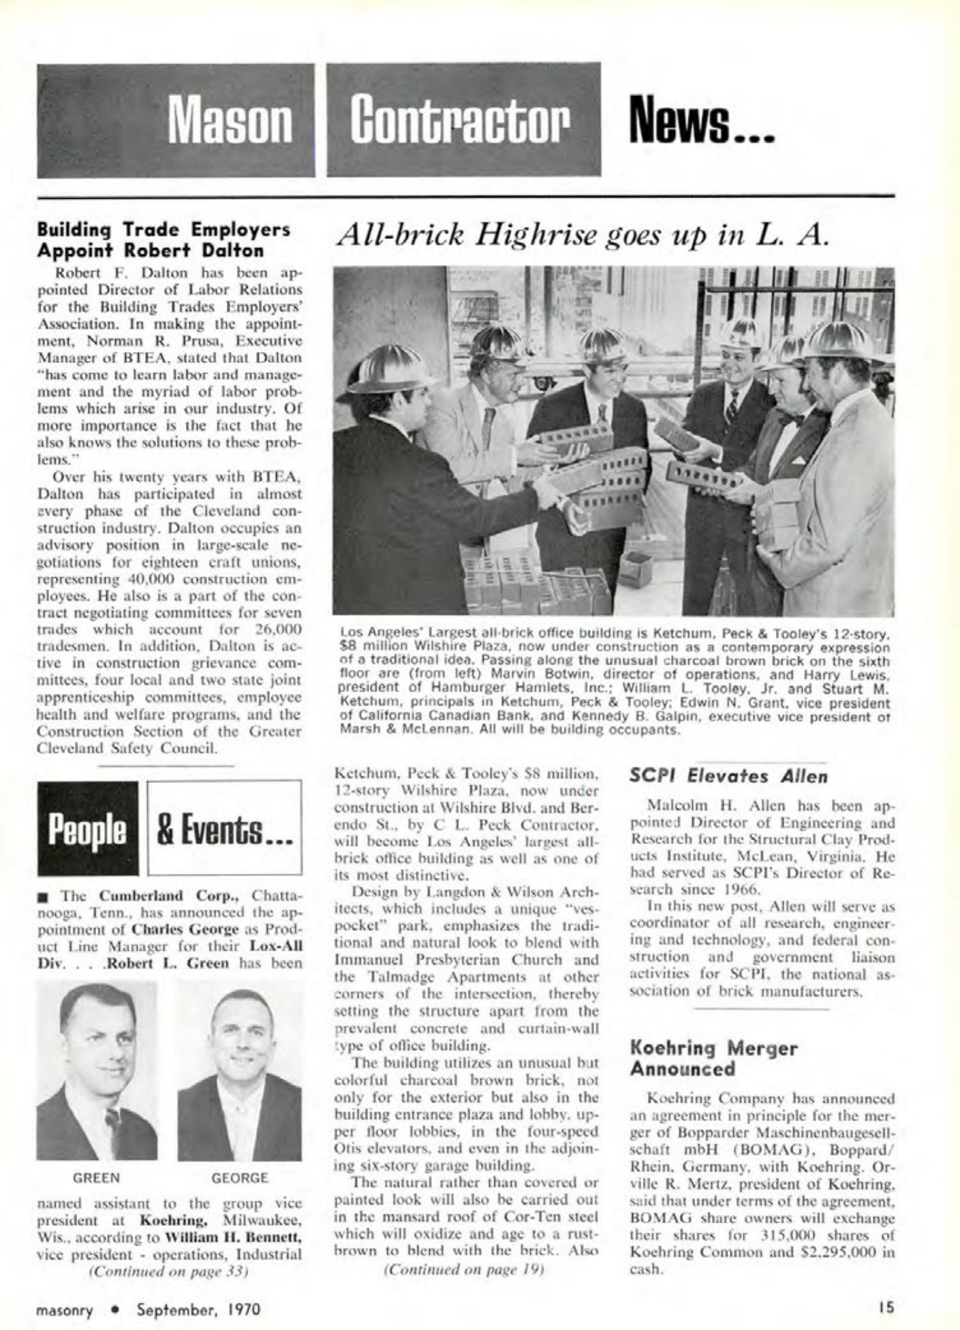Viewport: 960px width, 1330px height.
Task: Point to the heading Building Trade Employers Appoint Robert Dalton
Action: [164, 240]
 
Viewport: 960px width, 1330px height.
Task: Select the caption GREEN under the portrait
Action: [97, 1177]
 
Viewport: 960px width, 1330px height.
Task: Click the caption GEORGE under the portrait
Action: [240, 1177]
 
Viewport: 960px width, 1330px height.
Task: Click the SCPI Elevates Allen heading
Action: [728, 776]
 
